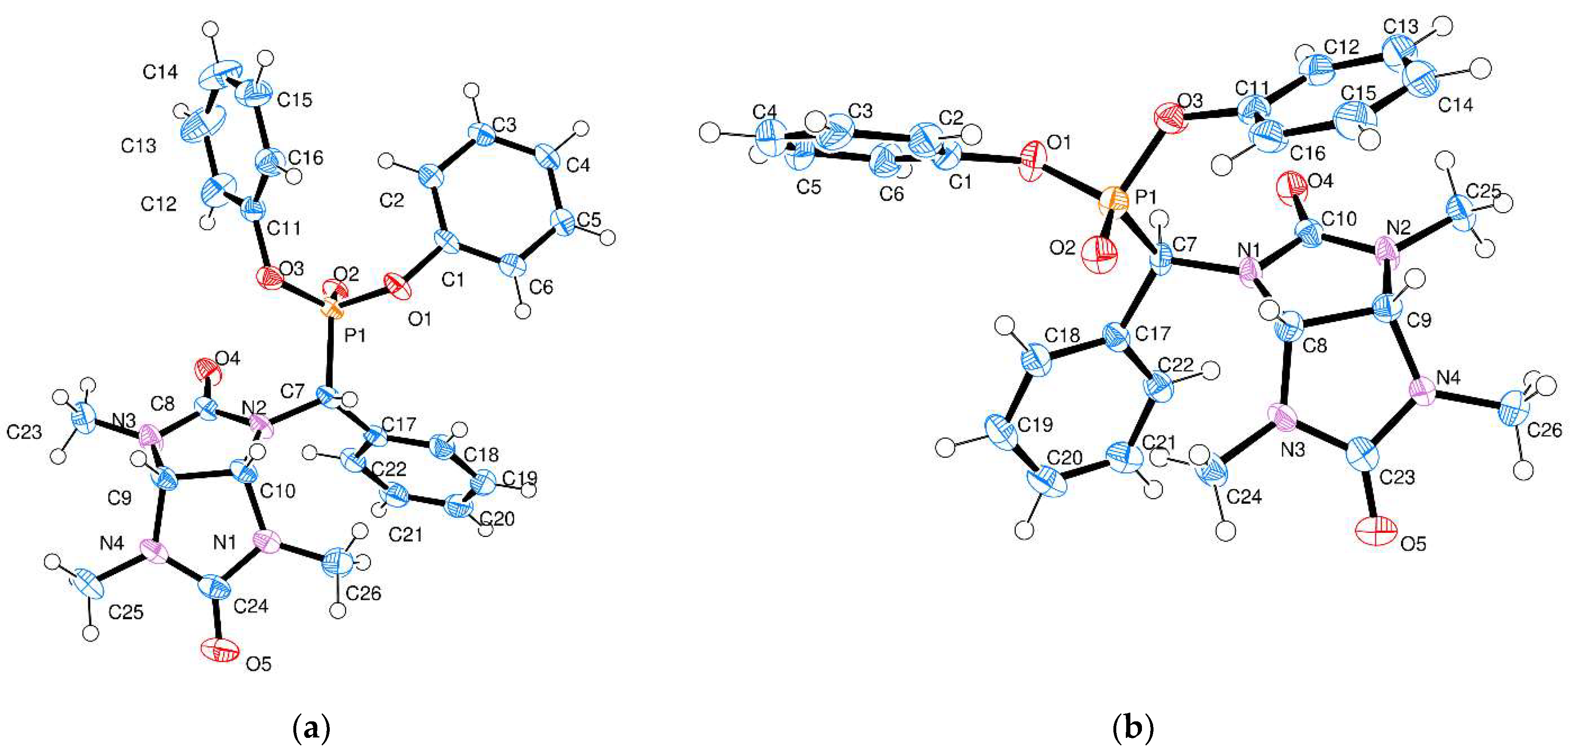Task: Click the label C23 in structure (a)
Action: point(24,432)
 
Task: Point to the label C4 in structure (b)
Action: point(764,112)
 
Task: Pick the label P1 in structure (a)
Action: point(355,335)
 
